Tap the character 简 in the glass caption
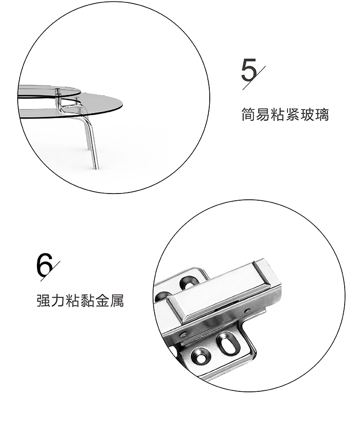click(x=248, y=114)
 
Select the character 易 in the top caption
click(x=263, y=114)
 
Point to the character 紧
click(x=292, y=114)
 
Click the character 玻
click(x=307, y=114)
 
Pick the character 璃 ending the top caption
click(x=322, y=114)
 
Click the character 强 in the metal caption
click(x=44, y=300)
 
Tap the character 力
click(x=58, y=300)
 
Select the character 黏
click(x=87, y=300)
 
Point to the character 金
click(x=102, y=300)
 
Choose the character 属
click(x=117, y=300)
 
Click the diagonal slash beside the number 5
click(x=254, y=78)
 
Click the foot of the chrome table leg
click(x=96, y=166)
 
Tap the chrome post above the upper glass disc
click(x=58, y=92)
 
